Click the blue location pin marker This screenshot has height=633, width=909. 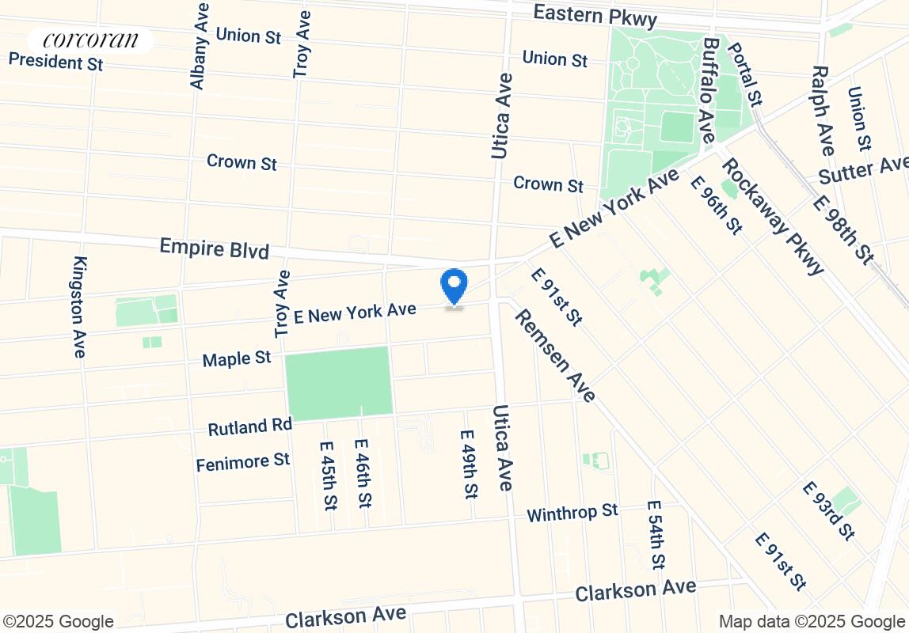(x=454, y=286)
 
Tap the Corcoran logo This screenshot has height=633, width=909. (x=90, y=40)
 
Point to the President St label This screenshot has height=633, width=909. (x=55, y=61)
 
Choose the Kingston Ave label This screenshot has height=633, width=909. (x=79, y=307)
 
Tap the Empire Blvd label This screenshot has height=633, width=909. (x=214, y=248)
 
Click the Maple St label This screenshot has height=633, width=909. (x=237, y=359)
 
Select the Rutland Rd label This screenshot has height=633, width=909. (x=249, y=427)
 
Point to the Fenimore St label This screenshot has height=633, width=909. (x=242, y=461)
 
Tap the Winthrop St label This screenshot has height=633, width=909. (x=572, y=513)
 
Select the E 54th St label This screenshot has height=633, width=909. (x=656, y=535)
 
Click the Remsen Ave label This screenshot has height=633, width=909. (x=554, y=355)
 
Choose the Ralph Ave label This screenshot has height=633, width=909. (x=822, y=110)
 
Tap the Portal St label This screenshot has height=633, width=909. (x=744, y=73)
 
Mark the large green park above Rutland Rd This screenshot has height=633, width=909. (x=338, y=383)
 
